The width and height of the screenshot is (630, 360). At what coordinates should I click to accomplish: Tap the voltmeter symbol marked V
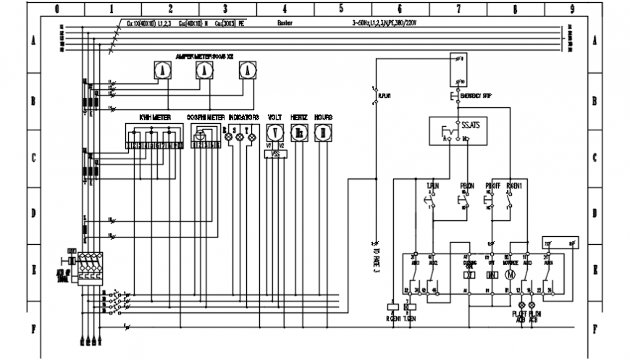pyautogui.click(x=274, y=132)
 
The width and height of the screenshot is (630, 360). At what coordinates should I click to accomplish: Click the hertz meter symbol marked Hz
pyautogui.click(x=298, y=132)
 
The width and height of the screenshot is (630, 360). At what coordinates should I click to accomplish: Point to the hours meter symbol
pyautogui.click(x=323, y=132)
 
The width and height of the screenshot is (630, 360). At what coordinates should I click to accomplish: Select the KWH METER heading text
pyautogui.click(x=154, y=116)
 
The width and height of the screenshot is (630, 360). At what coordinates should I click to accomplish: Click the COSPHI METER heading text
pyautogui.click(x=205, y=116)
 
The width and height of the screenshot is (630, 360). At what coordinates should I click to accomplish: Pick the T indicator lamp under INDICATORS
pyautogui.click(x=252, y=136)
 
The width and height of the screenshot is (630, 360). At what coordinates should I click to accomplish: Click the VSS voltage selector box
pyautogui.click(x=274, y=154)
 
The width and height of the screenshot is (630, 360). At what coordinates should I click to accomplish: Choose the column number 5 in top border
pyautogui.click(x=340, y=9)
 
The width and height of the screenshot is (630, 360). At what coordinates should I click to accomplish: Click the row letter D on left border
pyautogui.click(x=33, y=213)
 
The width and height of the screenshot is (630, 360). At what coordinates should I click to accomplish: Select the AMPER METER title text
pyautogui.click(x=205, y=56)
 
